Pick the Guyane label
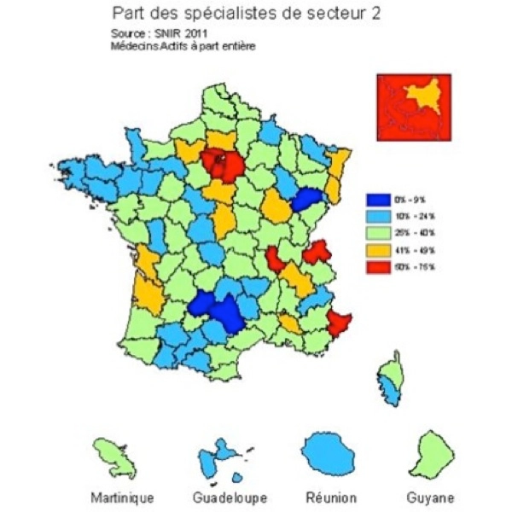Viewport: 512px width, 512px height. coord(430,497)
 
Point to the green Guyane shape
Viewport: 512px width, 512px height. coord(430,450)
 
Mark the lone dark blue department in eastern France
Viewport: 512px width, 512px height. coord(305,200)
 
